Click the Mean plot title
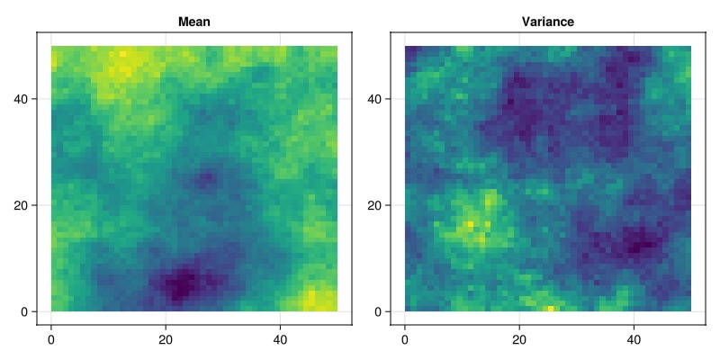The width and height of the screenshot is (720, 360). pyautogui.click(x=194, y=22)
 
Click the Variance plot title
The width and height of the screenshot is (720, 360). pyautogui.click(x=548, y=22)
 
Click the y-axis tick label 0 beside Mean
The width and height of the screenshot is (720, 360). pyautogui.click(x=31, y=311)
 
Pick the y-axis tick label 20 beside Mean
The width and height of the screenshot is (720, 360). pyautogui.click(x=28, y=205)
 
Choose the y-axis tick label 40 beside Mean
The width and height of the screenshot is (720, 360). pyautogui.click(x=28, y=98)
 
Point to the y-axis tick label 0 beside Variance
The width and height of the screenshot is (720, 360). pyautogui.click(x=385, y=311)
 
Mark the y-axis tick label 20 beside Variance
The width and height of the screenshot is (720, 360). pyautogui.click(x=382, y=205)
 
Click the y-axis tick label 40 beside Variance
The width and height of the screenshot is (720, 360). pyautogui.click(x=382, y=98)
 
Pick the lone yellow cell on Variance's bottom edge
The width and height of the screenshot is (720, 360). pyautogui.click(x=551, y=309)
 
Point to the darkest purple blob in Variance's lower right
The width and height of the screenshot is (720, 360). pyautogui.click(x=641, y=243)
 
